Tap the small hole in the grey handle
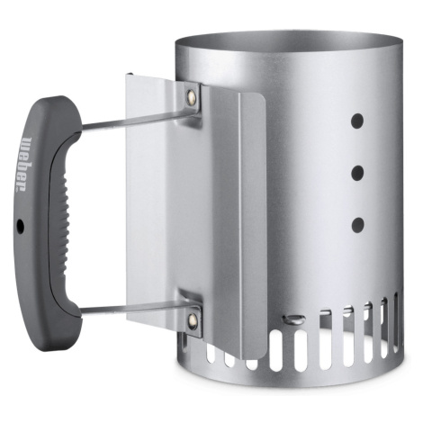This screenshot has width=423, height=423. click(x=21, y=224)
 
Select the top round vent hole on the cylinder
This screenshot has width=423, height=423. click(x=357, y=121)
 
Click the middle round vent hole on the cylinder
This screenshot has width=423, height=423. click(x=357, y=173)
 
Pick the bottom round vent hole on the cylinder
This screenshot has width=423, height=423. click(x=357, y=225)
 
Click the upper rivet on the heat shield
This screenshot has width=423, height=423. click(x=191, y=96)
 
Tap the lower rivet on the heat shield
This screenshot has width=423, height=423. click(x=192, y=320)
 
